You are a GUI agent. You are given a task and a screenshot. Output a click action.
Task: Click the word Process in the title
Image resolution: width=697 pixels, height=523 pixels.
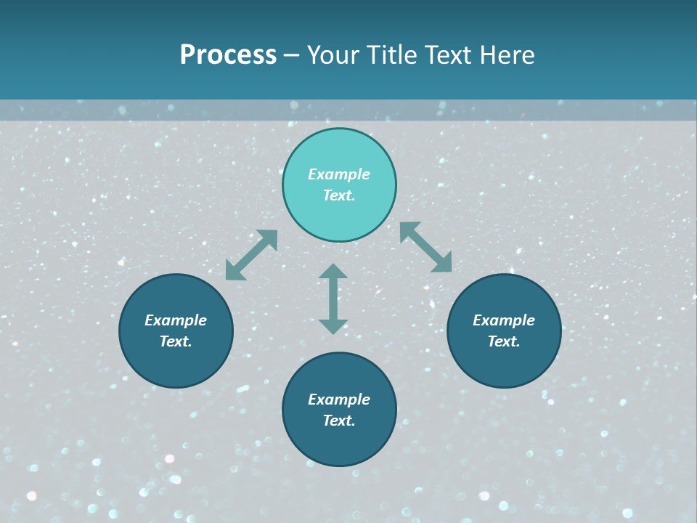pos(228,55)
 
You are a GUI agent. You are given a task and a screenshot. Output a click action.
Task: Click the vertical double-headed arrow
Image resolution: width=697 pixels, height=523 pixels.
pos(333,299)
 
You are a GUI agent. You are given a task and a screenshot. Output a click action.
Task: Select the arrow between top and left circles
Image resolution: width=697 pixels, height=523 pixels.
pos(251,255)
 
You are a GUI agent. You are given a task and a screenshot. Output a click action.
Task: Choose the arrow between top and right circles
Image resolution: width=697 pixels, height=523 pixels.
pos(426,247)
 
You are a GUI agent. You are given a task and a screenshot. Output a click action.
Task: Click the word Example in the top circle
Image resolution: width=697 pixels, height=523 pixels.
pos(339,174)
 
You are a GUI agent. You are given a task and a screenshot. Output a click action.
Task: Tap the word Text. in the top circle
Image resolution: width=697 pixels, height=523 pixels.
pos(339,195)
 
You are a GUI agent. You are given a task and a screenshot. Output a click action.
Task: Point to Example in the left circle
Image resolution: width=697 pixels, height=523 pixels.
pos(176,320)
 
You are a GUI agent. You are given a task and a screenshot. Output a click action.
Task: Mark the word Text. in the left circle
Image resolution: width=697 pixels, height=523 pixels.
pos(176,341)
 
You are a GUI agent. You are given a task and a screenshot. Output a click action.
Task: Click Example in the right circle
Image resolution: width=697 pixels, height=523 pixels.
pos(504,320)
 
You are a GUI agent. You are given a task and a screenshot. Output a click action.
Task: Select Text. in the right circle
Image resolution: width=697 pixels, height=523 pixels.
pos(504,341)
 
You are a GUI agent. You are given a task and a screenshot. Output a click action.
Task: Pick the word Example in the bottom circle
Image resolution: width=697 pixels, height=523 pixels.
pos(339,400)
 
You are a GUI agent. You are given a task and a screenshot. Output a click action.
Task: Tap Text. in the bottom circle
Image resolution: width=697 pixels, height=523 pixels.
pos(339,421)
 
